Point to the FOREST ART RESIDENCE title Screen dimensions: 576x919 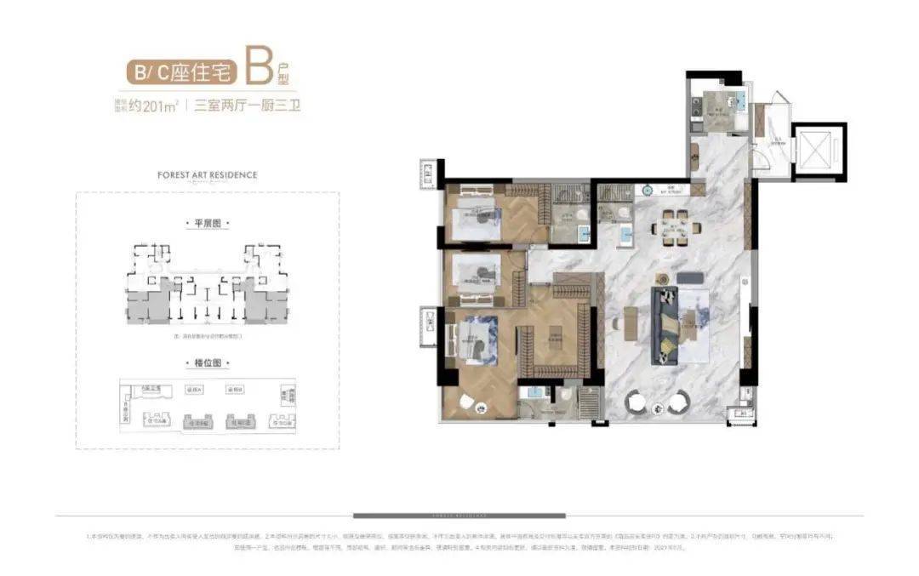click(x=208, y=174)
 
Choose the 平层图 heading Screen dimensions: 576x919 click(x=208, y=223)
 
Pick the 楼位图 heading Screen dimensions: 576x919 click(x=208, y=363)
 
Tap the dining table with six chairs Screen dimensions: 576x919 click(x=677, y=227)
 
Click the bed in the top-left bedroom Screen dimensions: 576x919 click(x=473, y=222)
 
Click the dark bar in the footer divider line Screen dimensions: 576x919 click(x=459, y=516)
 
